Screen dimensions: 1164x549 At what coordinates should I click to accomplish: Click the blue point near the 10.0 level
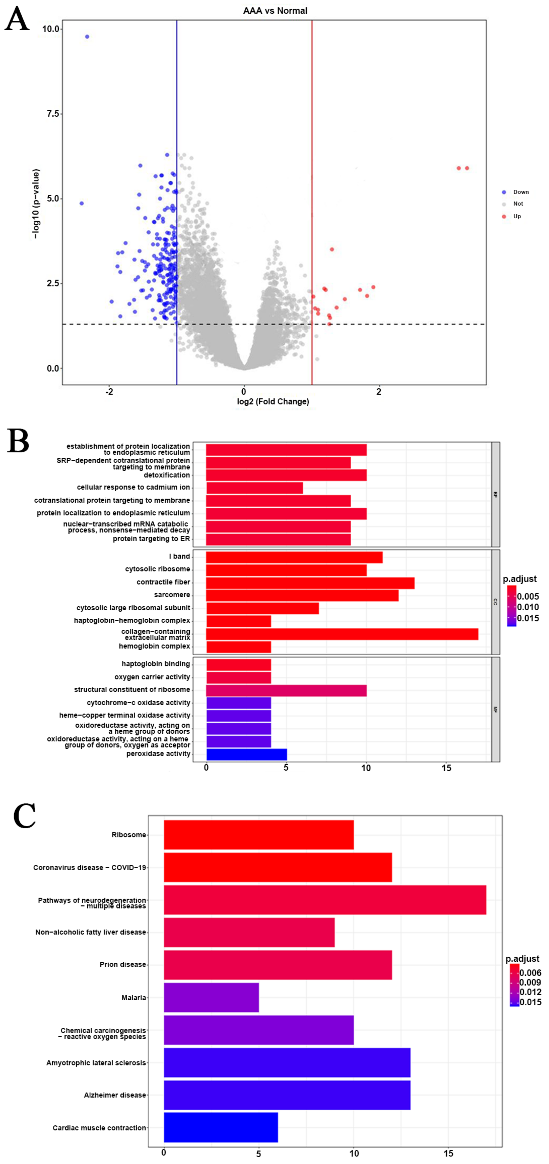coord(87,37)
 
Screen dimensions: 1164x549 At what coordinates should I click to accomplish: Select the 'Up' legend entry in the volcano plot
coord(517,216)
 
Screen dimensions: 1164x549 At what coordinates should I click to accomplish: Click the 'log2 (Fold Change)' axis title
coord(273,402)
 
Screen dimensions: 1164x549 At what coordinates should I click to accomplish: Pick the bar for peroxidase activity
coord(246,754)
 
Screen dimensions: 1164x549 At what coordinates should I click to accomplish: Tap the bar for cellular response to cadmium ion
coord(254,487)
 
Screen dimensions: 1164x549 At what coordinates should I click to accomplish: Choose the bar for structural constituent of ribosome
coord(286,690)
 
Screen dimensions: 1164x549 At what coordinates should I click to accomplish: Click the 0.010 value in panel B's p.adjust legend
coord(528,607)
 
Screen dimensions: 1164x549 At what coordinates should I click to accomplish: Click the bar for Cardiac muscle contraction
coord(220,1127)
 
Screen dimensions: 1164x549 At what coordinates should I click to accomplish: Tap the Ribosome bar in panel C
coord(259,835)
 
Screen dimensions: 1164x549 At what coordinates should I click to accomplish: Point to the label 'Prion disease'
coord(123,965)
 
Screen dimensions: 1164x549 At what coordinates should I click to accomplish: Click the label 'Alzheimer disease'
coord(115,1095)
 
